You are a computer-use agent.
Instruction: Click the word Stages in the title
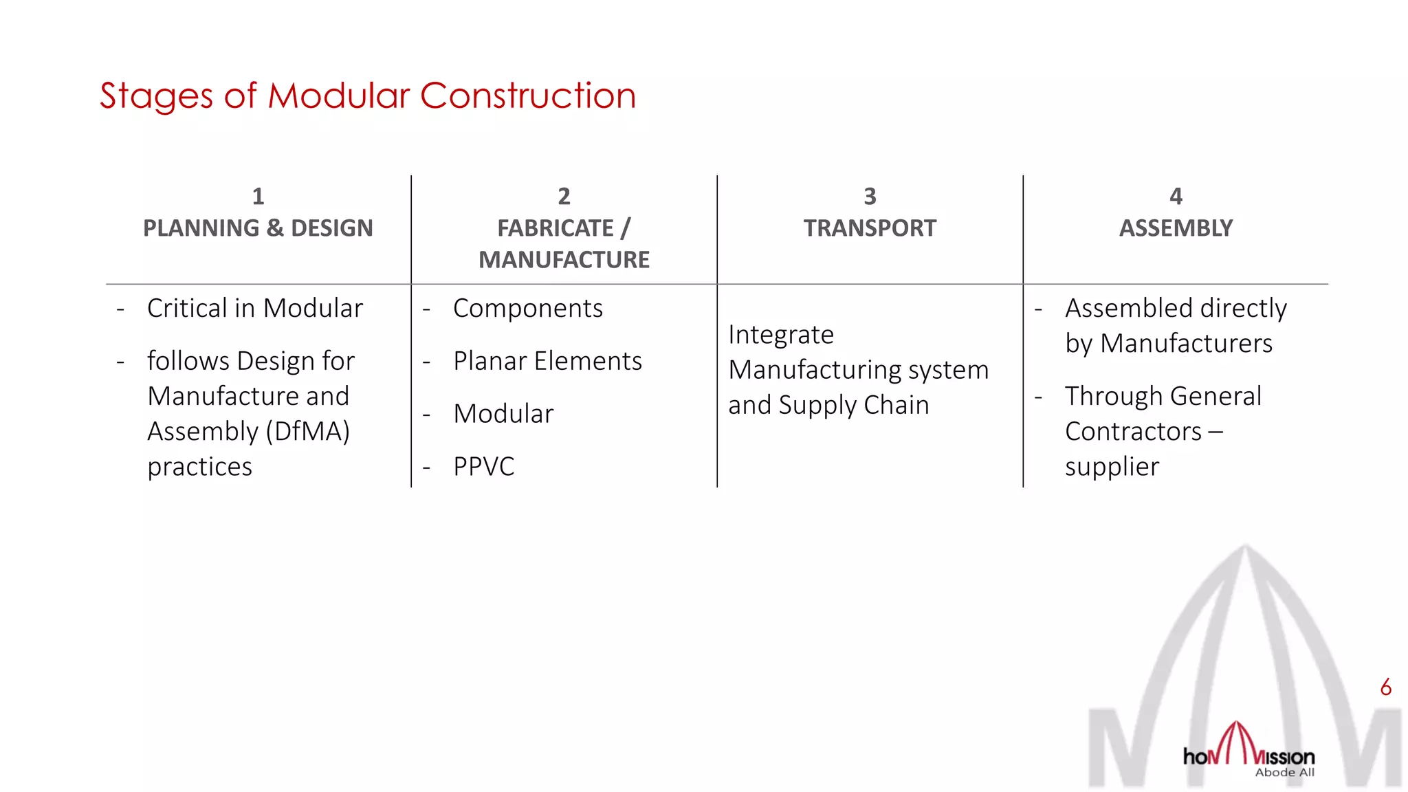(155, 96)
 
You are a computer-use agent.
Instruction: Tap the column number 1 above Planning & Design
(258, 197)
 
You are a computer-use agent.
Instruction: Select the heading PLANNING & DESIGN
(258, 228)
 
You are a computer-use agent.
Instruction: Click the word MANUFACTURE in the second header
(564, 260)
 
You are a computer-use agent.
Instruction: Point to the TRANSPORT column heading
(870, 228)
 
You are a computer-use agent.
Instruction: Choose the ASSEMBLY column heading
(1176, 228)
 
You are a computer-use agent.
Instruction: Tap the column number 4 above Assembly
(1176, 197)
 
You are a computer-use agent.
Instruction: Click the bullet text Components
(527, 308)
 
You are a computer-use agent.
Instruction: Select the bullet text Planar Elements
(547, 361)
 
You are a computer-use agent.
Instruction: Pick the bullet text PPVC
(483, 467)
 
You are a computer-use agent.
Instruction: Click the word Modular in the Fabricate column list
(503, 414)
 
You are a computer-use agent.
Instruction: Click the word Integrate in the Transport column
(781, 335)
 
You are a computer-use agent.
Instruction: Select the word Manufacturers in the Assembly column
(1186, 343)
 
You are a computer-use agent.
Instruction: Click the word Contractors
(1133, 432)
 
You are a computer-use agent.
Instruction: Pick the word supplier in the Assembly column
(1112, 467)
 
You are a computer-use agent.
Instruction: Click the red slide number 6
(1385, 687)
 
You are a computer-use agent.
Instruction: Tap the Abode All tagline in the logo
(1284, 773)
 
